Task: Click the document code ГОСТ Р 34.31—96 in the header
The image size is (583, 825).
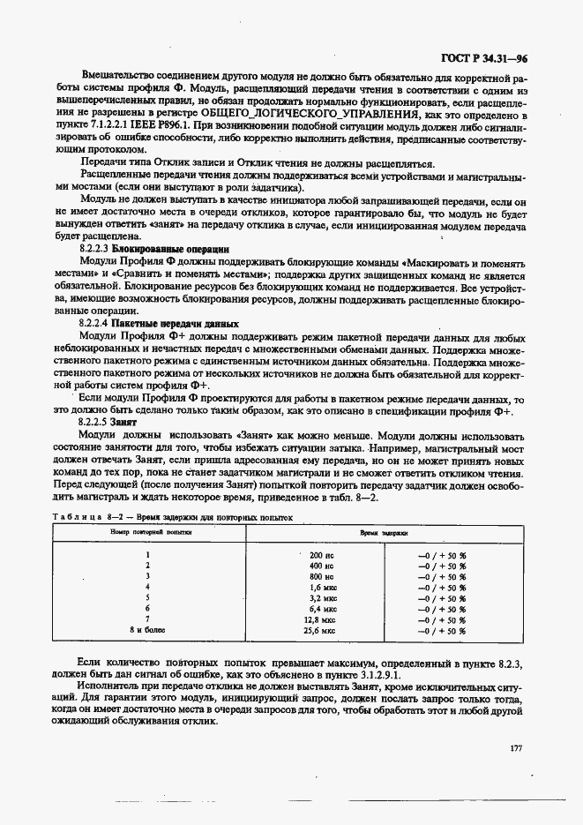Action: pos(484,58)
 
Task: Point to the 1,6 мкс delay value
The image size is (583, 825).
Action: pos(323,586)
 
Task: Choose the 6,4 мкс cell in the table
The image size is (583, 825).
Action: pos(323,608)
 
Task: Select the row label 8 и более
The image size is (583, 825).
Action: pos(147,630)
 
